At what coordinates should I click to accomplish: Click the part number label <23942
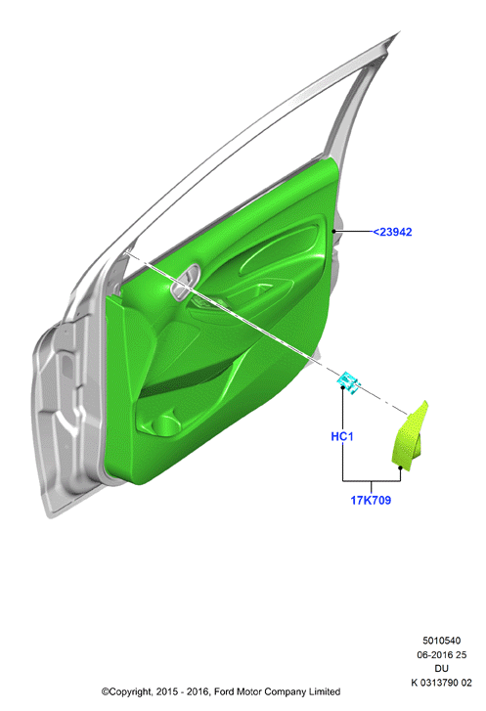coord(392,232)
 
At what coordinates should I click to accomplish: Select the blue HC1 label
coord(342,436)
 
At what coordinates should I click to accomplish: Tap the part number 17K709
coord(371,500)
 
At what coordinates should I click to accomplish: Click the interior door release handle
coord(186,281)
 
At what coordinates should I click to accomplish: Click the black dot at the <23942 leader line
coord(334,231)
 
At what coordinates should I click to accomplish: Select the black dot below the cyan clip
coord(342,387)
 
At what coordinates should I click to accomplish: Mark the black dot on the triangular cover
coord(400,467)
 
